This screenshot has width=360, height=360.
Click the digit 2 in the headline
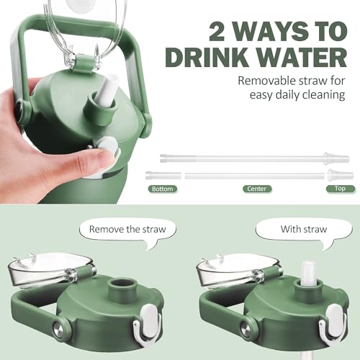(x=216, y=32)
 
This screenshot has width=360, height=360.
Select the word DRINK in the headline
(x=207, y=58)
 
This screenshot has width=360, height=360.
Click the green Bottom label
(x=163, y=189)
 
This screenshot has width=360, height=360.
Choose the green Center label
(x=257, y=189)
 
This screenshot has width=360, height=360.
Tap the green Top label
(x=340, y=189)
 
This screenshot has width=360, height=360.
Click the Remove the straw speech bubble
(x=128, y=232)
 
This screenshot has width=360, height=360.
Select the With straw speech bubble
(x=304, y=232)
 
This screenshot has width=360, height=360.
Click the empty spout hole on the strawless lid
(x=122, y=283)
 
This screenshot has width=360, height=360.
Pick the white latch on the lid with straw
(x=333, y=323)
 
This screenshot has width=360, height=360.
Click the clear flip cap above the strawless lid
(x=50, y=268)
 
